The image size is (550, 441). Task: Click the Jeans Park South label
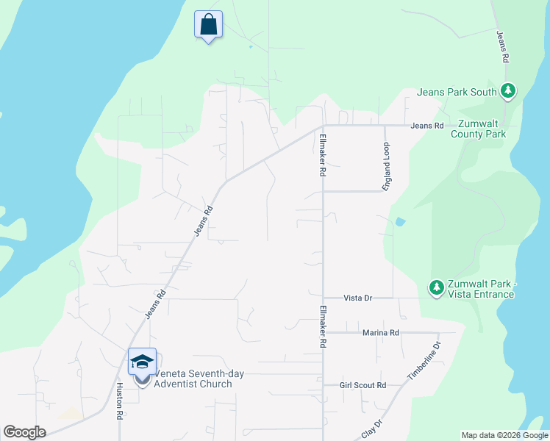[x=457, y=92]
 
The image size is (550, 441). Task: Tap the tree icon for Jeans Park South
[x=507, y=91]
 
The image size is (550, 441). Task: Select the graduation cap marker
[x=143, y=362]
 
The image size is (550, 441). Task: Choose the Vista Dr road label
[x=358, y=298]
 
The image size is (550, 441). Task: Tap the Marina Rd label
[x=380, y=333]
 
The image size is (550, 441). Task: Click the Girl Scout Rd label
[x=362, y=385]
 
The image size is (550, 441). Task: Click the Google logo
[x=24, y=432]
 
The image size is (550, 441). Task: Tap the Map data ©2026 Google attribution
[x=504, y=435]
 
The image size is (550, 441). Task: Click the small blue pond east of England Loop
[x=399, y=221]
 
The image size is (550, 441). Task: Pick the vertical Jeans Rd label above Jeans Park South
[x=504, y=46]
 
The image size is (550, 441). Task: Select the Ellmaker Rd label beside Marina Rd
[x=322, y=327]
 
